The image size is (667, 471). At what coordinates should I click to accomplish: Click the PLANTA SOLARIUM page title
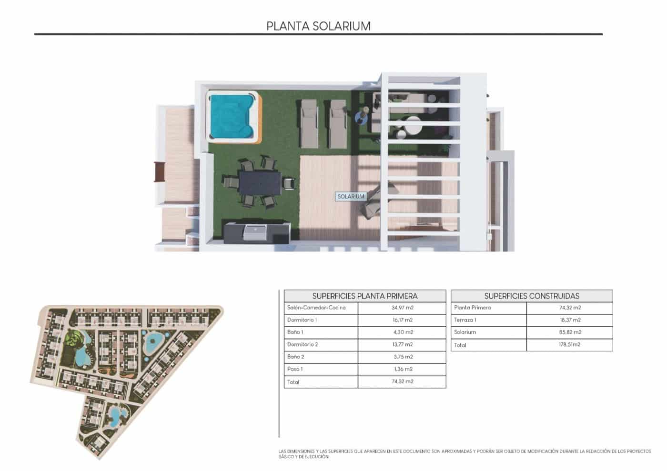point(318,26)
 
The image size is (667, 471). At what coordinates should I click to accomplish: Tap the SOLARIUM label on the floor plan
point(351,197)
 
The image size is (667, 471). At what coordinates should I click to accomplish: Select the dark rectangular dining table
point(260,182)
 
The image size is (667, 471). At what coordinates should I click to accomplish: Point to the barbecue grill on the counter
point(255,232)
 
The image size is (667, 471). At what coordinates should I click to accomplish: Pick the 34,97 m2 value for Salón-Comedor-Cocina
point(402,308)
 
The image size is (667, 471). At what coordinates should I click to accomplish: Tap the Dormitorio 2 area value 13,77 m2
point(403,344)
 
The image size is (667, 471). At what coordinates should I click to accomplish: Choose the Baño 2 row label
point(296,357)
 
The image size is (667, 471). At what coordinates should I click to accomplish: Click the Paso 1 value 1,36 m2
point(403,369)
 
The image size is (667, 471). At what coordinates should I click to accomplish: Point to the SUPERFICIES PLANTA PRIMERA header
point(365,296)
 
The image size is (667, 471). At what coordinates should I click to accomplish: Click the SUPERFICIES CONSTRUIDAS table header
point(532,296)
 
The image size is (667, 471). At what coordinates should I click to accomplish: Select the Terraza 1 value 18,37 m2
point(570,320)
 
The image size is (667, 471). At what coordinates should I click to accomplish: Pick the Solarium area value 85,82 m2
point(570,332)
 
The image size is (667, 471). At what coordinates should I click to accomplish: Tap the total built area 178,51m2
point(570,344)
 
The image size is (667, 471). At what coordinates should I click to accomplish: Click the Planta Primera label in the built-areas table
point(473,308)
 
